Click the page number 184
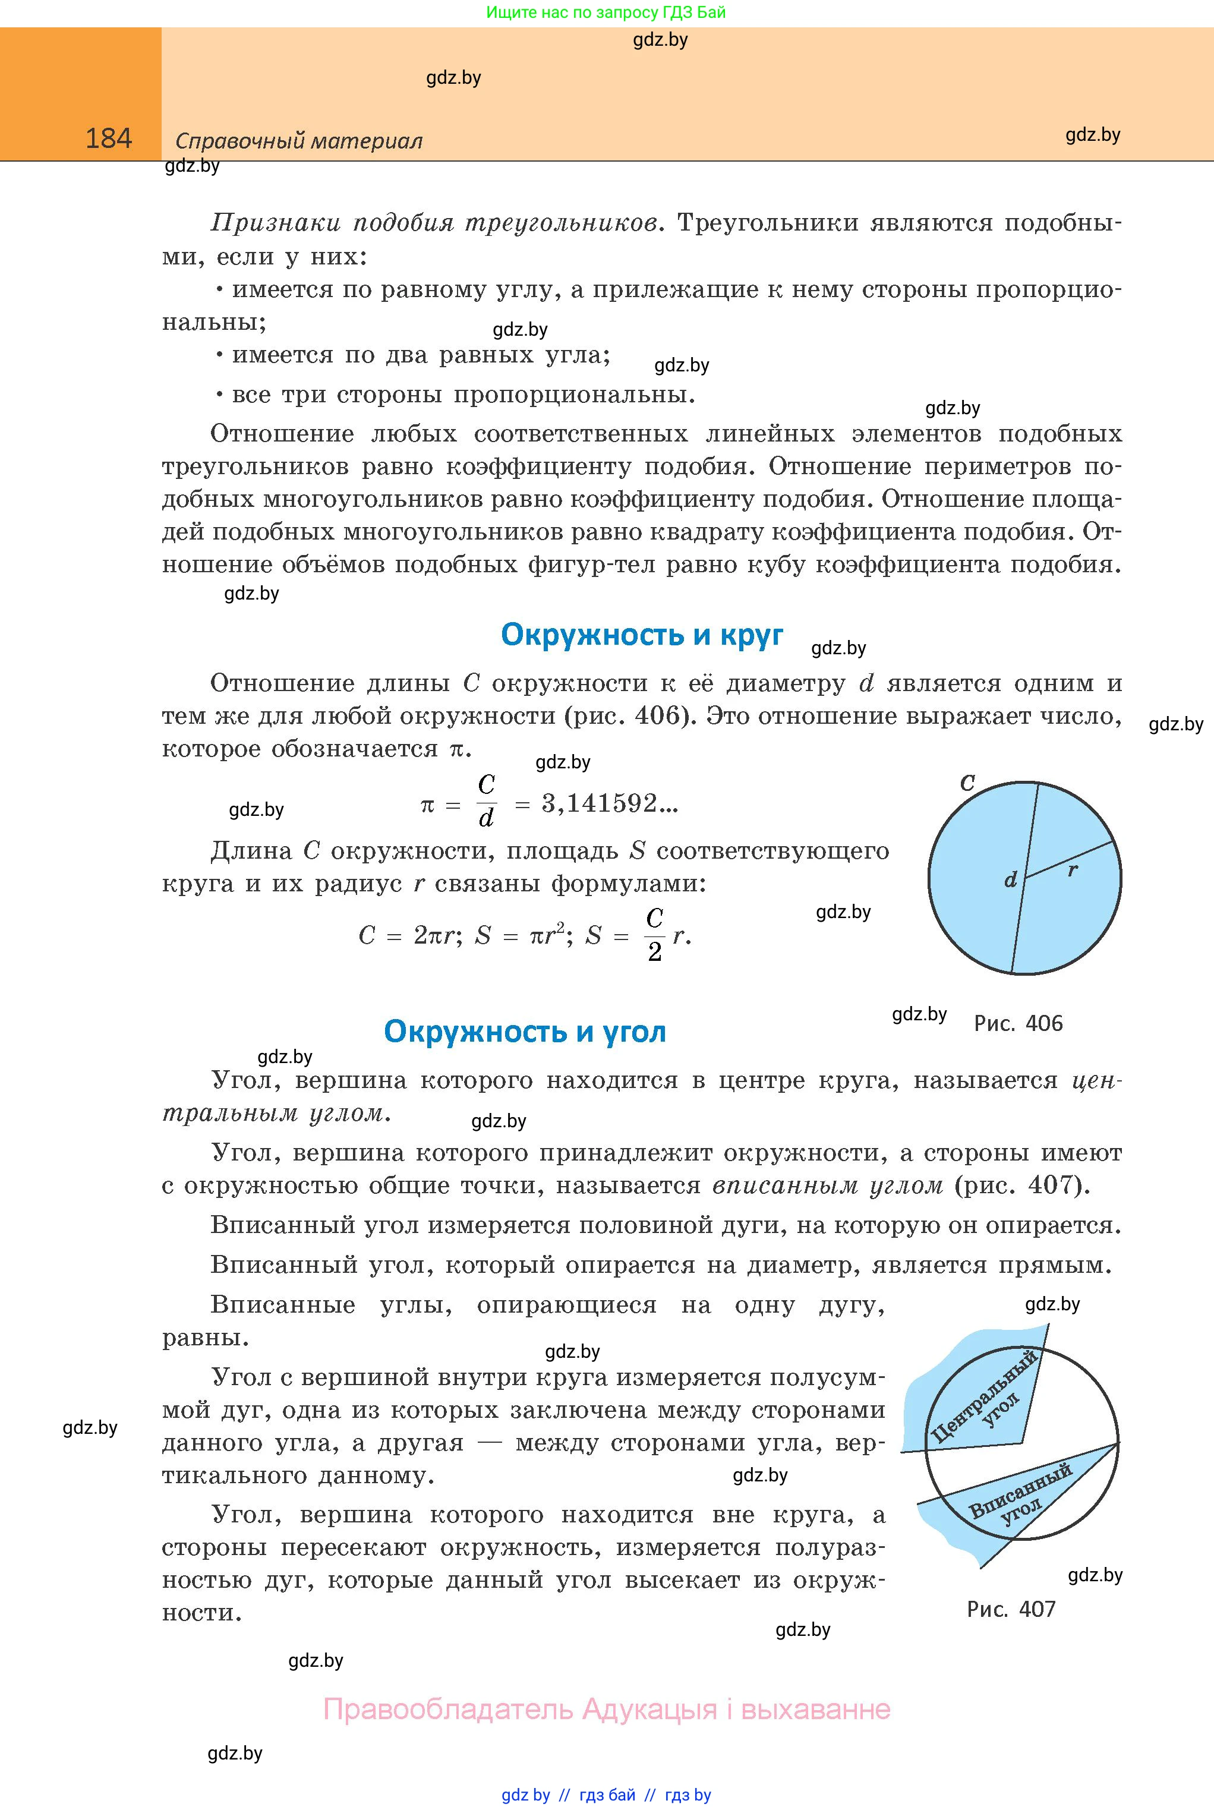pyautogui.click(x=108, y=138)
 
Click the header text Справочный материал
pyautogui.click(x=299, y=141)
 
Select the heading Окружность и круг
pyautogui.click(x=642, y=634)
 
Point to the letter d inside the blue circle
pyautogui.click(x=1010, y=880)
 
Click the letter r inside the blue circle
pyautogui.click(x=1073, y=869)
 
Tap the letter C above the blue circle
pyautogui.click(x=967, y=783)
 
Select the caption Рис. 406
pyautogui.click(x=1018, y=1023)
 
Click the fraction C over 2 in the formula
pyautogui.click(x=654, y=935)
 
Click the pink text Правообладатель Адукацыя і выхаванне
pyautogui.click(x=606, y=1710)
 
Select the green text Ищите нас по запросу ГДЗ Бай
pyautogui.click(x=606, y=12)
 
